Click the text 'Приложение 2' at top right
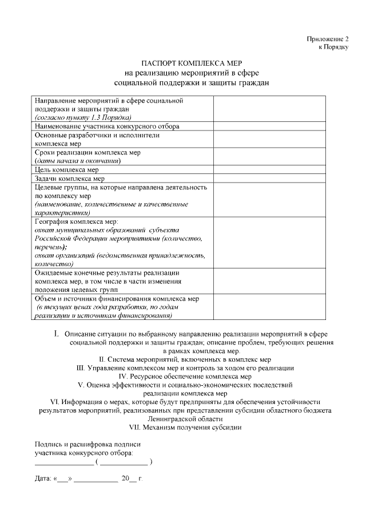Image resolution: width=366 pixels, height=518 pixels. [x=327, y=39]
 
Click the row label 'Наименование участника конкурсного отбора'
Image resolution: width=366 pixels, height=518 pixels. [x=107, y=126]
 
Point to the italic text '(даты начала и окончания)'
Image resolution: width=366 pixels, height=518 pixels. [x=77, y=161]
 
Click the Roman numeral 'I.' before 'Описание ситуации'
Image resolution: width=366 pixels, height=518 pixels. [x=57, y=333]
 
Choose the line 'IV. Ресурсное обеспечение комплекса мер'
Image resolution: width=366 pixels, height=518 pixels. [x=185, y=377]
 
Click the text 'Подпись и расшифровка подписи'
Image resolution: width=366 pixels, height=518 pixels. [x=87, y=444]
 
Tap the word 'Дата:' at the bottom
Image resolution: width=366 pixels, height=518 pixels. [x=43, y=477]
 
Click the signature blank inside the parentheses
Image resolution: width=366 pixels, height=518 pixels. [x=124, y=461]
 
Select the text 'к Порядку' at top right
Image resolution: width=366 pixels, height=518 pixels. [x=333, y=48]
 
